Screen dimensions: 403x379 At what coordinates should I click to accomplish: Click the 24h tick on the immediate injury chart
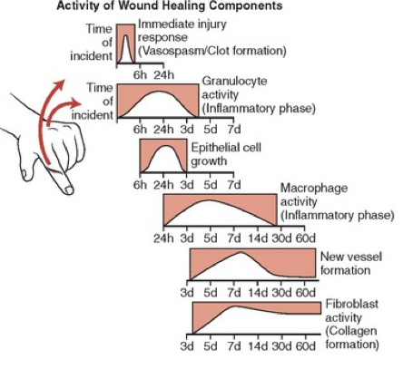[164, 74]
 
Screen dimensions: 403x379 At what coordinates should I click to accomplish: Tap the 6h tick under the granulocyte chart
[140, 130]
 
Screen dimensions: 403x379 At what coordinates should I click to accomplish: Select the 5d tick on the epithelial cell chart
[211, 184]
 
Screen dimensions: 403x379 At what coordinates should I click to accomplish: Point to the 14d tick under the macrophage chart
[258, 238]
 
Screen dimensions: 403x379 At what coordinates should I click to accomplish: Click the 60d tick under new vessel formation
[306, 293]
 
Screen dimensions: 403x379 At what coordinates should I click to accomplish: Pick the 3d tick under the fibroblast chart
[187, 345]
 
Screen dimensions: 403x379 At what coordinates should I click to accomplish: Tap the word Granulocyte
[234, 81]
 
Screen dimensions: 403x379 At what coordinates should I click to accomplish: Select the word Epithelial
[212, 148]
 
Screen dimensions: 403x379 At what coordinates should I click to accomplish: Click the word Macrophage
[314, 189]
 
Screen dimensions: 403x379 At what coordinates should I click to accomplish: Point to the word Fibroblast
[351, 304]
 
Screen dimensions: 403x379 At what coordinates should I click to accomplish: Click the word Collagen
[353, 331]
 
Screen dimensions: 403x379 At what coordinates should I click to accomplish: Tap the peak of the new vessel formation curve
[241, 252]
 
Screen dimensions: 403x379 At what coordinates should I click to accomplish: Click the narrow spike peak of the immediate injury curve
[126, 35]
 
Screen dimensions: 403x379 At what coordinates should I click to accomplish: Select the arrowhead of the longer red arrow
[60, 84]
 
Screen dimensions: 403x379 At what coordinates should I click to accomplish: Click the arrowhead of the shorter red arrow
[76, 103]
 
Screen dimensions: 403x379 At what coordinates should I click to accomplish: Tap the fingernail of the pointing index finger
[69, 190]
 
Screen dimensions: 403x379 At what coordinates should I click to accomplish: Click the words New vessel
[351, 257]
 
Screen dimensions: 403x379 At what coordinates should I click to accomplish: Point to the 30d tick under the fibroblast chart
[281, 345]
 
